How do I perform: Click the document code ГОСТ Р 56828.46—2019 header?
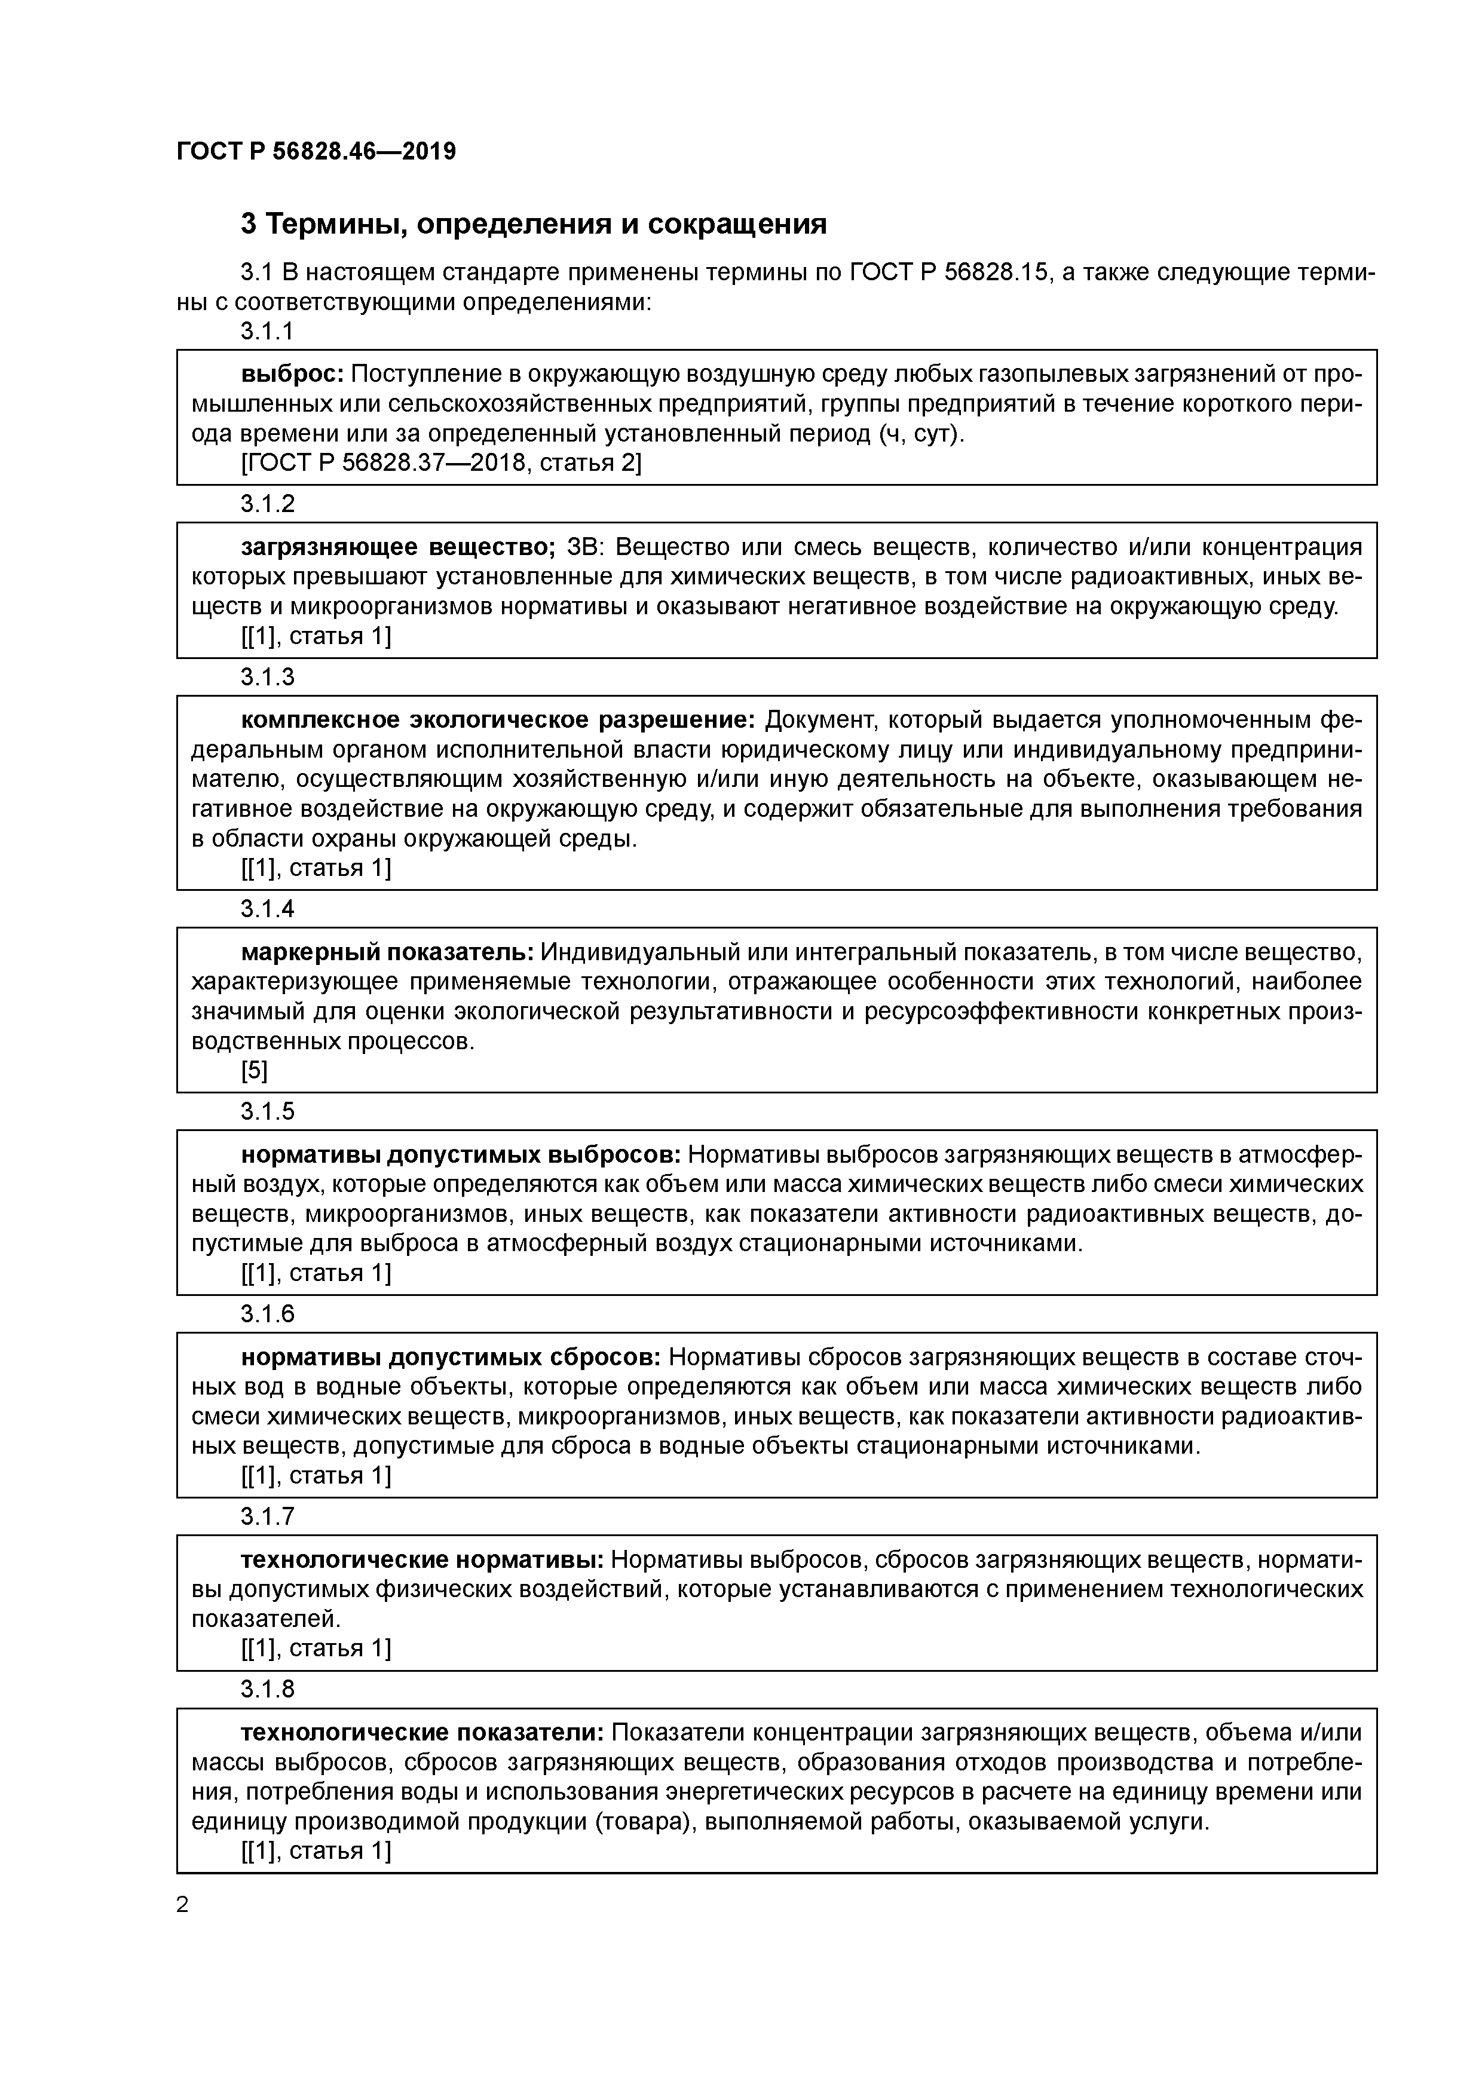[316, 152]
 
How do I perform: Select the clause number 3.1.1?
[268, 332]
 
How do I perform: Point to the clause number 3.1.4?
[268, 909]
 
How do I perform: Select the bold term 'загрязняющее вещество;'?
[398, 547]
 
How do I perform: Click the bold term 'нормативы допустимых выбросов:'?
[460, 1155]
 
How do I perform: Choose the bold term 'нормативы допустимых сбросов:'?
[451, 1358]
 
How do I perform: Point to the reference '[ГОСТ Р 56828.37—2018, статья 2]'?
[441, 464]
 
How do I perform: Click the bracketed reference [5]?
[254, 1071]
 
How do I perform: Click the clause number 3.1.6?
[268, 1314]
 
